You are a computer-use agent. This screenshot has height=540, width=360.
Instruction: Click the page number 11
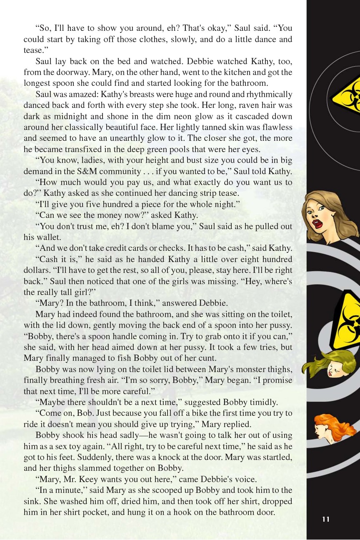(x=326, y=519)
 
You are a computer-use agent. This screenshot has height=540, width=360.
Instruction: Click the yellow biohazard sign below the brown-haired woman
(x=347, y=321)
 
